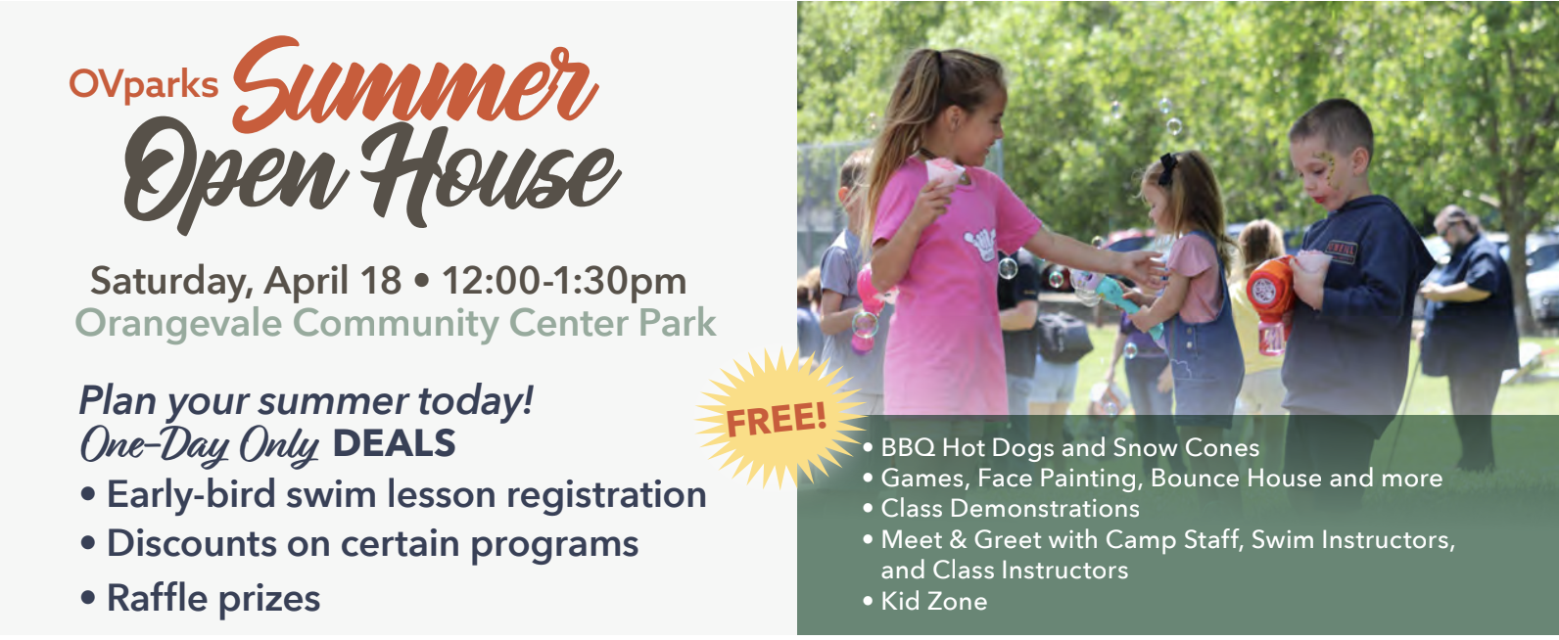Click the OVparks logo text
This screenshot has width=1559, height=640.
143,85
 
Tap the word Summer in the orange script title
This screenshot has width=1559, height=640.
415,85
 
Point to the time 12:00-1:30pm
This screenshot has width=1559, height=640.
564,281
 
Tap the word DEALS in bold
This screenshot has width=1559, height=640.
395,444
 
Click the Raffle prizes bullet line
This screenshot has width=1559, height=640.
201,598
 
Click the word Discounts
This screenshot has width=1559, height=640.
192,543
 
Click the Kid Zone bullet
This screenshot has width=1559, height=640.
925,601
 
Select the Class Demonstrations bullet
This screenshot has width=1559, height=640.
1002,509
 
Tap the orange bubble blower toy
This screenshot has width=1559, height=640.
1270,300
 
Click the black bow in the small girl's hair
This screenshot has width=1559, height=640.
1167,167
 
